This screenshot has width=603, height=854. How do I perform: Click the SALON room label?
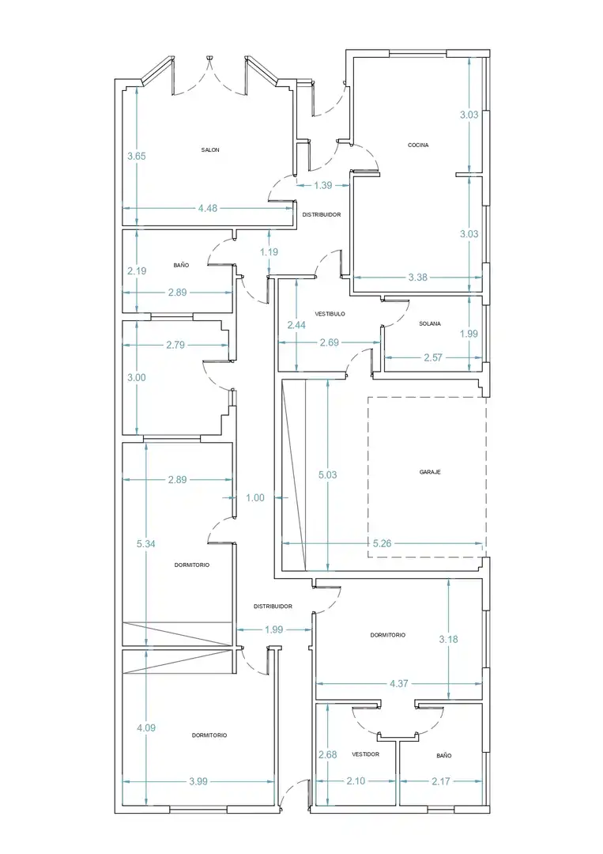click(x=210, y=149)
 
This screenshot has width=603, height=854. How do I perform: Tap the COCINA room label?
click(x=418, y=145)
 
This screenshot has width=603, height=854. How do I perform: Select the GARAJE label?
click(x=430, y=472)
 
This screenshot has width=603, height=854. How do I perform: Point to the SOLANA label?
click(x=430, y=323)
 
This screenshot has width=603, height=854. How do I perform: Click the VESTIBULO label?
click(x=330, y=314)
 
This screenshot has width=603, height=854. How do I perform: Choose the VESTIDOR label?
click(x=366, y=754)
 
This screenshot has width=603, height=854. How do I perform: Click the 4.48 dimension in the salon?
click(x=208, y=208)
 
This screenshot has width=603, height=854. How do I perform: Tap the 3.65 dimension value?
click(x=137, y=157)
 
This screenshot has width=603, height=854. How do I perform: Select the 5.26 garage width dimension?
click(x=382, y=543)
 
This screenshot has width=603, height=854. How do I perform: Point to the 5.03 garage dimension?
click(x=328, y=475)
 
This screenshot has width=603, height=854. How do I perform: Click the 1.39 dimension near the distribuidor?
click(x=322, y=185)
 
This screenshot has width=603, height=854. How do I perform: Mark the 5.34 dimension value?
click(x=146, y=543)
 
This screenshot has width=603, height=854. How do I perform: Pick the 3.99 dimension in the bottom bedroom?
click(x=198, y=781)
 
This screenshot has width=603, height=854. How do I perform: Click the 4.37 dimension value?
click(x=399, y=683)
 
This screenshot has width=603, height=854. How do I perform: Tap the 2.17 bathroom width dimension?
click(x=441, y=781)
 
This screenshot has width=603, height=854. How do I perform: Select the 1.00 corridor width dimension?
click(x=255, y=497)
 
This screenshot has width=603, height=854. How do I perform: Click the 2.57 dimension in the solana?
click(x=433, y=358)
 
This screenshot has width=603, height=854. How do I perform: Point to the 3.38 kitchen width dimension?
click(x=418, y=278)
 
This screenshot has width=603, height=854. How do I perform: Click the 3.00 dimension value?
click(x=137, y=377)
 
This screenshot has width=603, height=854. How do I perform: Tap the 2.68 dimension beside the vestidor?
click(x=328, y=755)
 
